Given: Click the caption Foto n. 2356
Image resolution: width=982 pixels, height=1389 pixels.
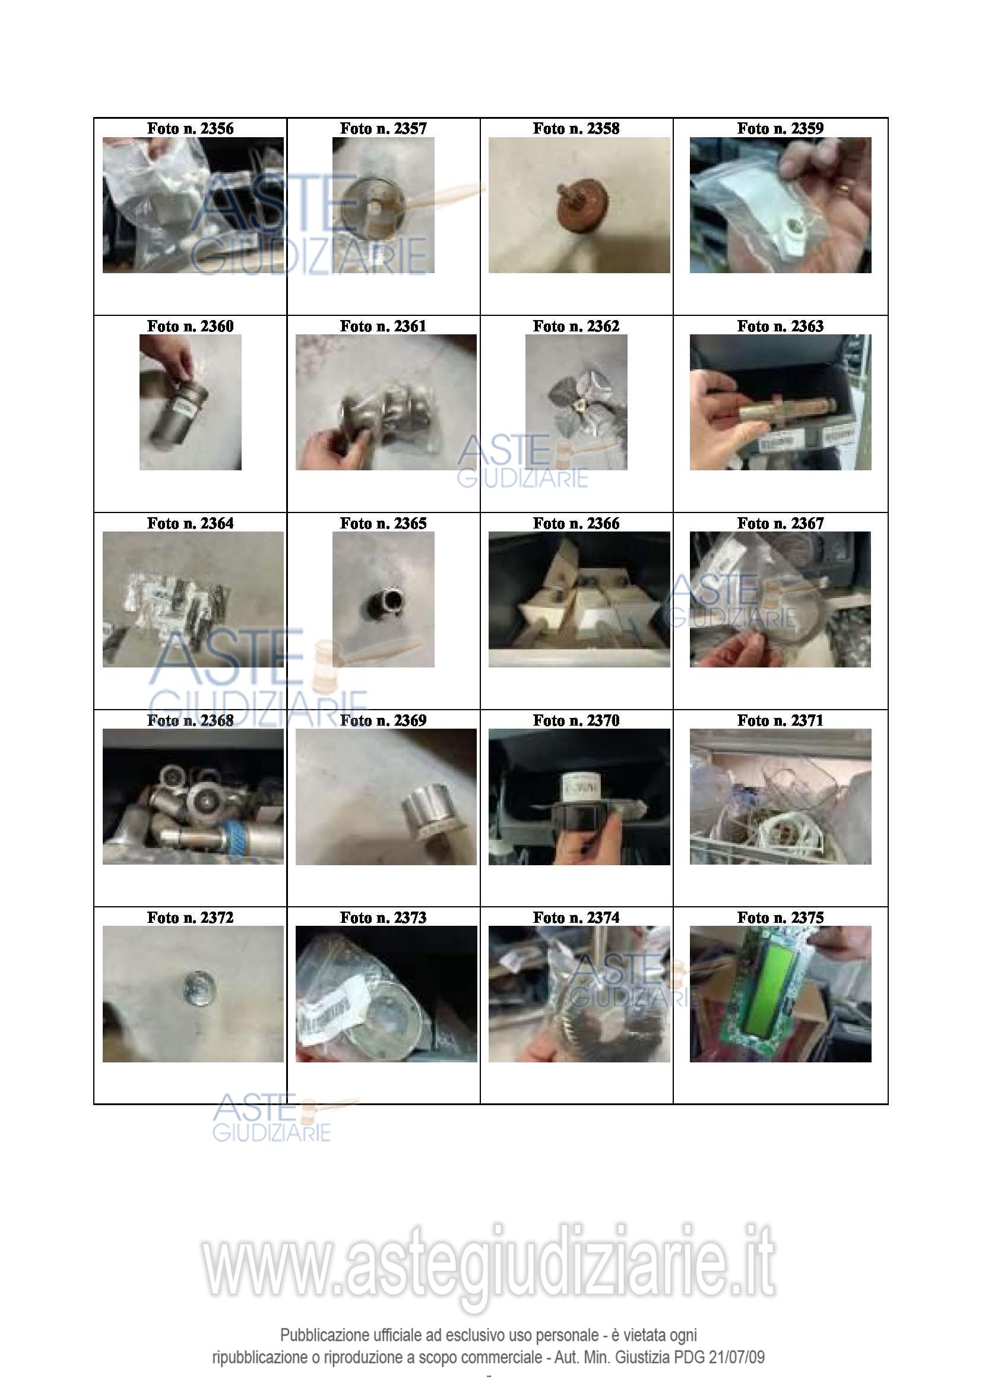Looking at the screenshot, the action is [190, 128].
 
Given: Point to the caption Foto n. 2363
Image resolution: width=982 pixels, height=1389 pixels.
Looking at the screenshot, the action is [780, 326].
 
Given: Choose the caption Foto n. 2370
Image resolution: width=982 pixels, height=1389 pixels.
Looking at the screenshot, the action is [576, 720].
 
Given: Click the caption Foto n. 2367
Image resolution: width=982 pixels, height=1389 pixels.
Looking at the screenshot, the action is [780, 523].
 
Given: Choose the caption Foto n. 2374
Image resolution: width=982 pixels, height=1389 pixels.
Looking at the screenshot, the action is [576, 917].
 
